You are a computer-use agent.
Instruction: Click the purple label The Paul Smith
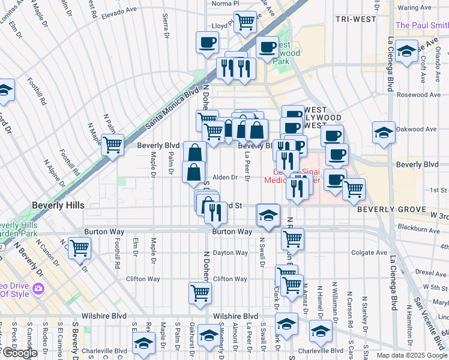(x=421, y=25)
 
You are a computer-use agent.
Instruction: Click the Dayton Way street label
(x=230, y=253)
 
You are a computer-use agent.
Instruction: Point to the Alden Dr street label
(x=226, y=177)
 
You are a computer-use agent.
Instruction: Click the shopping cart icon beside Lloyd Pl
(x=245, y=22)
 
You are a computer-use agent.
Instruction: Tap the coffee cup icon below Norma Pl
(x=207, y=43)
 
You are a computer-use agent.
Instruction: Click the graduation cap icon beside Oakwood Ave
(x=384, y=133)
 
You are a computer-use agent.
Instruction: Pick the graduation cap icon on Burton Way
(x=268, y=215)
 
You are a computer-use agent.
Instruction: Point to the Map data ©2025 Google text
(x=411, y=355)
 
